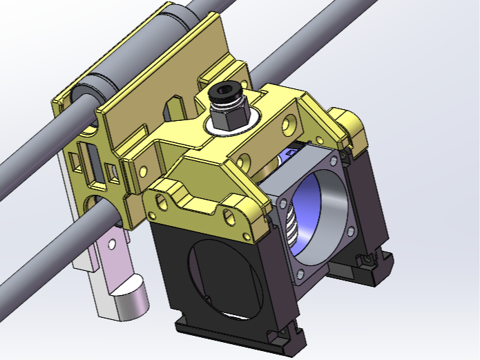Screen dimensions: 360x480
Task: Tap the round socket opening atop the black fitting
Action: point(224,91)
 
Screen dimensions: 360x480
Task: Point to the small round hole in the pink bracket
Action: point(111,243)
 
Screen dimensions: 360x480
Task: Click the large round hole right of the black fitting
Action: point(289,124)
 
